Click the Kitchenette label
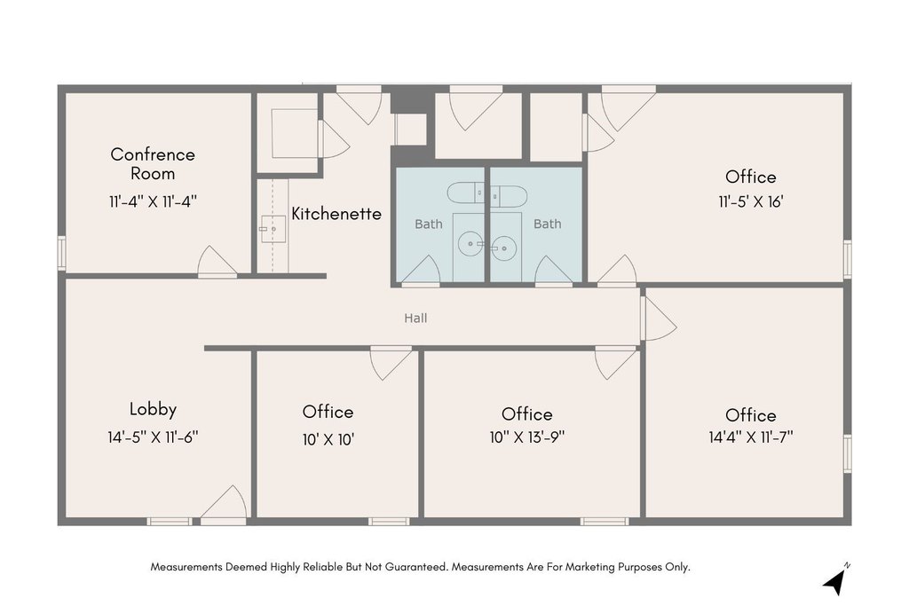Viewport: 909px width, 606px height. point(336,214)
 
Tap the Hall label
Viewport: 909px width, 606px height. point(415,318)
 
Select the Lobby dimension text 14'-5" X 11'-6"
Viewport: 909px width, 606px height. point(153,437)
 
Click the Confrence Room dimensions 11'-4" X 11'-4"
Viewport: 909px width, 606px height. point(153,201)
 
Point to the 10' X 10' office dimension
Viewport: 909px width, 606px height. point(328,440)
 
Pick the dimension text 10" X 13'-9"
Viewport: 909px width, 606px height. point(527,437)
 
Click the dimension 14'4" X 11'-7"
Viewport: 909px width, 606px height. point(751,437)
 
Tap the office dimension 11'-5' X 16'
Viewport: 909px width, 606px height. point(751,201)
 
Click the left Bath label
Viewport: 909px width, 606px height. point(429,224)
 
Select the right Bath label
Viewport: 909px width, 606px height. point(547,224)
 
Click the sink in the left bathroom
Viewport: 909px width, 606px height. point(470,244)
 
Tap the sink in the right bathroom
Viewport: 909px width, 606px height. point(504,248)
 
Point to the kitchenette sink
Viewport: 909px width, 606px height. point(272,230)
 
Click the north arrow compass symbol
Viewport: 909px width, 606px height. point(835,581)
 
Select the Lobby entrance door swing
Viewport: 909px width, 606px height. point(224,503)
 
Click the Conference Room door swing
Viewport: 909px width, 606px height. point(217,261)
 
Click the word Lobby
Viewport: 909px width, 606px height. point(153,409)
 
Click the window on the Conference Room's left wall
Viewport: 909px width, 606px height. point(61,253)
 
